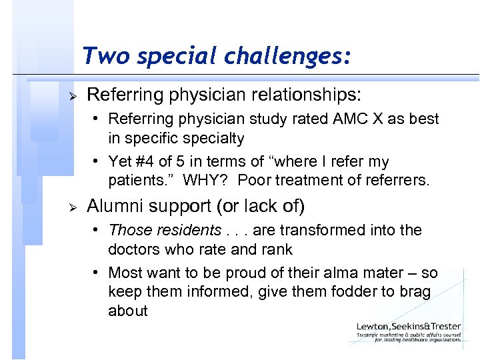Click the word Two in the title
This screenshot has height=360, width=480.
(101, 56)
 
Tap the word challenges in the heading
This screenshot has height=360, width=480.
(292, 56)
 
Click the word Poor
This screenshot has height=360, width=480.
(255, 181)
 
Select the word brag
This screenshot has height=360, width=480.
(414, 292)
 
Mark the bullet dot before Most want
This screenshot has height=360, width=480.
(97, 273)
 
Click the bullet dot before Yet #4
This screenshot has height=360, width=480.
(97, 162)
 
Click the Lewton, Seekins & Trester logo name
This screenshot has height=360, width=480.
(408, 327)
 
